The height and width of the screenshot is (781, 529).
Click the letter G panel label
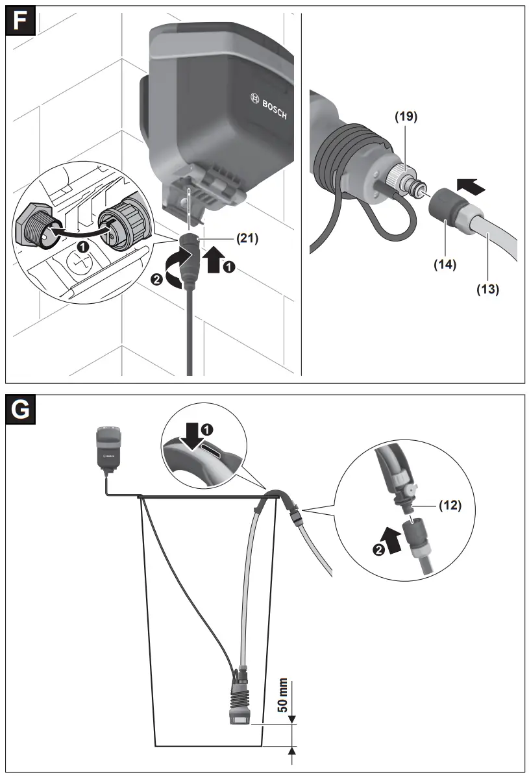pos(21,410)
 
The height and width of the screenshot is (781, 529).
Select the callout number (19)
pos(406,118)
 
